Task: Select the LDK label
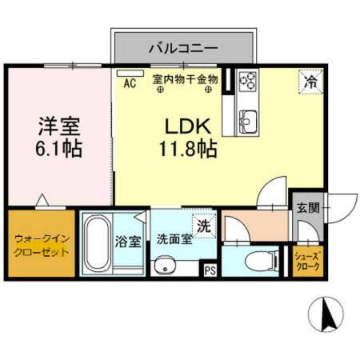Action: point(186,126)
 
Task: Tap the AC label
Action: point(129,81)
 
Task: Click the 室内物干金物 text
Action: point(186,81)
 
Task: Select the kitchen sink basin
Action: point(246,120)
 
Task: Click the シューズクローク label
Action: point(307,262)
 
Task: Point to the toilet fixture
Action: point(257,260)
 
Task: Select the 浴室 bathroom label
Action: point(128,240)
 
